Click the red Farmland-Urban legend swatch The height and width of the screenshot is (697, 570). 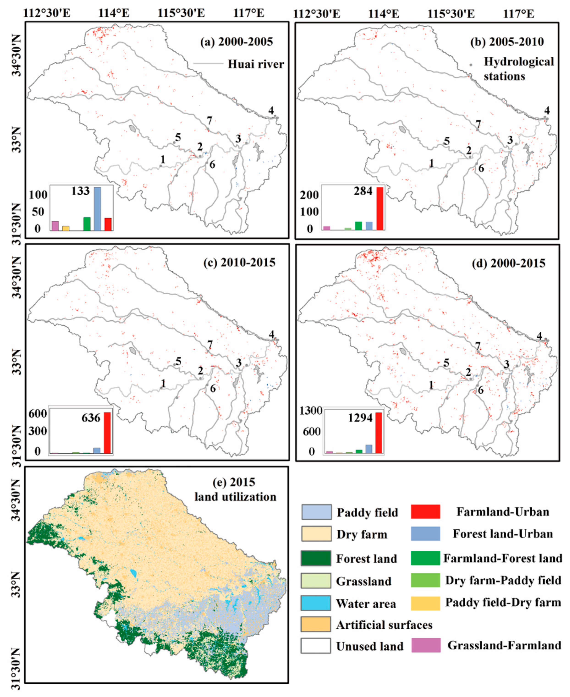[425, 512]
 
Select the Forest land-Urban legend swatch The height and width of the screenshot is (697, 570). [425, 534]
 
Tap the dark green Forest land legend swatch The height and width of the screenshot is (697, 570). [316, 558]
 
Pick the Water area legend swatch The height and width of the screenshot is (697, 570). [316, 603]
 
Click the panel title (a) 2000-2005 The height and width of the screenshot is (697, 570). [236, 42]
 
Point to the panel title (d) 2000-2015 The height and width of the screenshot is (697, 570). [508, 263]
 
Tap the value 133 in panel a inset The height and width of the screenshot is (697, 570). [80, 191]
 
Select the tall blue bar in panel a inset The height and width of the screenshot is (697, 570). [98, 209]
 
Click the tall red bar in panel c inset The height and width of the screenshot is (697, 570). [107, 433]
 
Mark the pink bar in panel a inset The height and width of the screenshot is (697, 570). [55, 226]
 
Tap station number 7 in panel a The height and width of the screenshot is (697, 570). [209, 120]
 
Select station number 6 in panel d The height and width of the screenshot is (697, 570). [481, 390]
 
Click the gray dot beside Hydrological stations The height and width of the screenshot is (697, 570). [471, 65]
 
